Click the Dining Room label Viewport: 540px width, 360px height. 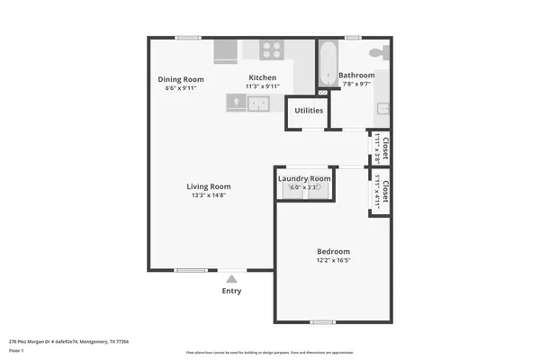[x=177, y=79]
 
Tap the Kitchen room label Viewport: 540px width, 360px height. [x=262, y=78]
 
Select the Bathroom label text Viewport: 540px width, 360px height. [x=357, y=76]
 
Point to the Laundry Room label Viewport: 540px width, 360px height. [x=304, y=178]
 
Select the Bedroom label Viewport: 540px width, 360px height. [x=333, y=251]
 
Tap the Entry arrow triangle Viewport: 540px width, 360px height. [x=231, y=279]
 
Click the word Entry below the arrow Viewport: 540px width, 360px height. [x=231, y=292]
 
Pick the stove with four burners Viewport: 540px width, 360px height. [x=273, y=49]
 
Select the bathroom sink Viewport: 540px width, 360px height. [x=383, y=109]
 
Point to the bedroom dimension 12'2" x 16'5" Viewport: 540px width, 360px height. [x=333, y=261]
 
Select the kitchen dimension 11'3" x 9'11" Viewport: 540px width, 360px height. [x=262, y=87]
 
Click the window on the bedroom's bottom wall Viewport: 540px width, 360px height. [x=323, y=322]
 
